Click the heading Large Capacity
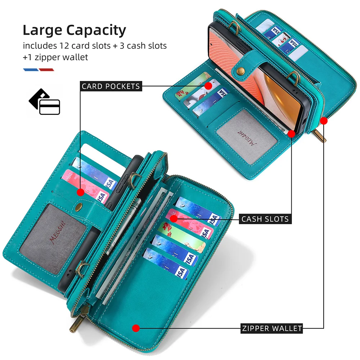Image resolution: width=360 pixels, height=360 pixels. coord(74,31)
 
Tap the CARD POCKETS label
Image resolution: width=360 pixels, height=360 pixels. coord(111,86)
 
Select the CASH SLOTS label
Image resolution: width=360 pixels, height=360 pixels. coord(265,219)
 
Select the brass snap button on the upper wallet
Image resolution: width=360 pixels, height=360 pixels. coord(238,70)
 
